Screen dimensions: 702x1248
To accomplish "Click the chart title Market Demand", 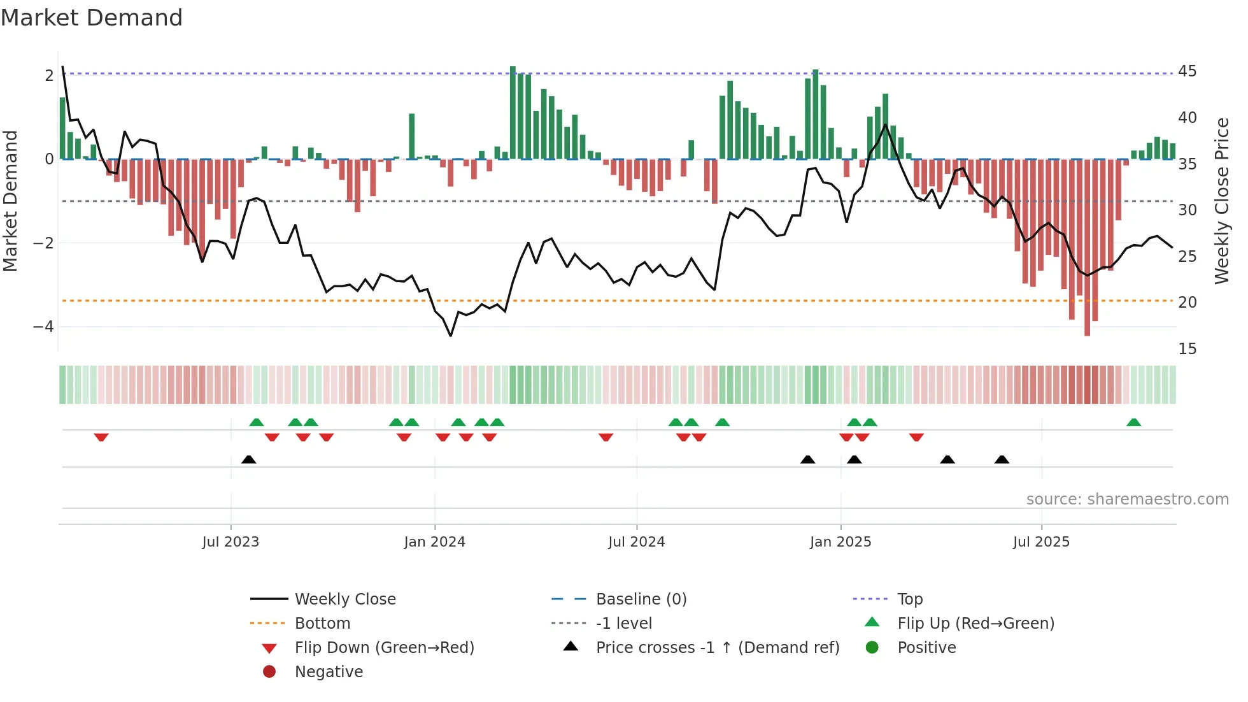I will tap(92, 18).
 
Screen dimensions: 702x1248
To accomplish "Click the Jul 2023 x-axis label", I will tap(230, 542).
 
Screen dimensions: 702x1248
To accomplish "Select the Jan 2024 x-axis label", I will tap(435, 542).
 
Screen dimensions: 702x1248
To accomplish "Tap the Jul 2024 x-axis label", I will tap(637, 542).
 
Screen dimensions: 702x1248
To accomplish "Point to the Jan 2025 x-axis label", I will tap(840, 542).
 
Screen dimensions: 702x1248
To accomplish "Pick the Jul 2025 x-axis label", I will tap(1042, 542).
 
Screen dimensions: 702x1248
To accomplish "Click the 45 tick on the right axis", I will tap(1187, 71).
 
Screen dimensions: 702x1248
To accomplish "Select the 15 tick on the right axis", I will tap(1187, 349).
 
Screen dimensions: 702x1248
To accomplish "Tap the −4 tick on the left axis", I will tap(44, 327).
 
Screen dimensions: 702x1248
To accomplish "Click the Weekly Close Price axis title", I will tap(1221, 201).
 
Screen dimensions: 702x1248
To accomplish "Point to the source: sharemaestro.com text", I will tap(1127, 499).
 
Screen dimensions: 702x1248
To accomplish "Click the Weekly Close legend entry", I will tap(345, 599).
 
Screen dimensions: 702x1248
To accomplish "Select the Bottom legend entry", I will tap(322, 624).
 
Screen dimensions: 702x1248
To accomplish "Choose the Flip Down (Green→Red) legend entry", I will tap(384, 648).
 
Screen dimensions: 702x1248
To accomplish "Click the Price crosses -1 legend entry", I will tap(718, 648).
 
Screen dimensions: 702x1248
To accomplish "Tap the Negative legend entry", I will tap(329, 672).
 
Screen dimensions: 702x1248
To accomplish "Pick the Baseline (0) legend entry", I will tap(641, 599).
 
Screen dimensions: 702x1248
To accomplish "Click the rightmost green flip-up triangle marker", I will tap(1133, 422).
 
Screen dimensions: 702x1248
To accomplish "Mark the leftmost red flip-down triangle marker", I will tap(101, 437).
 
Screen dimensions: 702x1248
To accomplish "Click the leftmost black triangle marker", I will tap(249, 459).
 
